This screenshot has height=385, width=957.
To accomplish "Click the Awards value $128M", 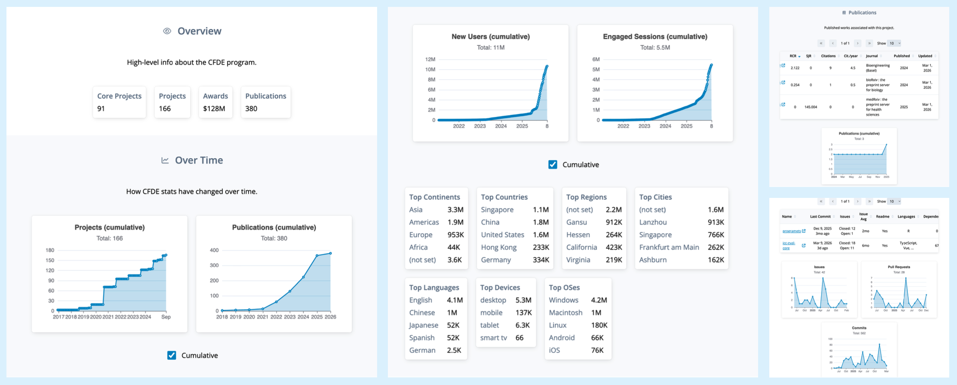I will point(214,109).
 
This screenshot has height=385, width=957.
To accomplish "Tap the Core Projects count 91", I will point(101,109).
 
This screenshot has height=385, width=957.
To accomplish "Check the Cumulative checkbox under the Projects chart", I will point(172,355).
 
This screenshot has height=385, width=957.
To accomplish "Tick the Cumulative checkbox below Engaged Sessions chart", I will point(553,165).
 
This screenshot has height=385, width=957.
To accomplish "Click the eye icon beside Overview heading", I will point(167,31).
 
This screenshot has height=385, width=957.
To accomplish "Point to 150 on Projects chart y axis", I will point(50,260).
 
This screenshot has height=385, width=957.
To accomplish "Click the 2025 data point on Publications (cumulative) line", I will point(317,256).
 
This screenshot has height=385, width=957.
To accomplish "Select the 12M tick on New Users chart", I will point(430,59).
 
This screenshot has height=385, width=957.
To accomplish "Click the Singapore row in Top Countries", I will point(497,210).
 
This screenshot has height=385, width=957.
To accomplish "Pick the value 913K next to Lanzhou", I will point(715,222).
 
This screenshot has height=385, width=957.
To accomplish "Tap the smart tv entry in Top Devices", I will point(494,338).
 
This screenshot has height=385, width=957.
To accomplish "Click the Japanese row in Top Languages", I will point(423,325).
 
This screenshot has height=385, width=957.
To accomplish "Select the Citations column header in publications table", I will point(828,56).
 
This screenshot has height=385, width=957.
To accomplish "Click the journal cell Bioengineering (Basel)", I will point(878,68).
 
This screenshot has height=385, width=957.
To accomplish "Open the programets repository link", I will point(791,231).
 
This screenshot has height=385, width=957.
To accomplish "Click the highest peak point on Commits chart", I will point(879,344).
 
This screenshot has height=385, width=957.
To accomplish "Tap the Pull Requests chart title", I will point(899,267).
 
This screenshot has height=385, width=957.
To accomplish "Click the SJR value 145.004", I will point(811,107).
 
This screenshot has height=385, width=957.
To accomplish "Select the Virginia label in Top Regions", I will point(578,260).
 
